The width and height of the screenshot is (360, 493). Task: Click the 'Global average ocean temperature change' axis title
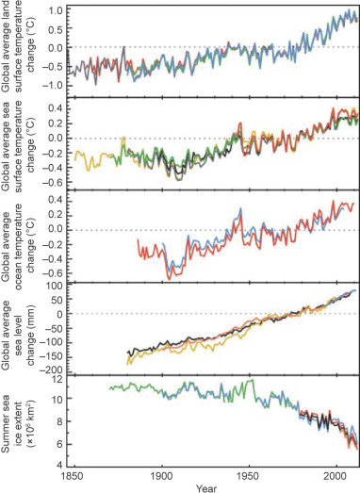pyautogui.click(x=14, y=235)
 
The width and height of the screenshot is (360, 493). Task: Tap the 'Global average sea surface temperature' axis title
pyautogui.click(x=14, y=141)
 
